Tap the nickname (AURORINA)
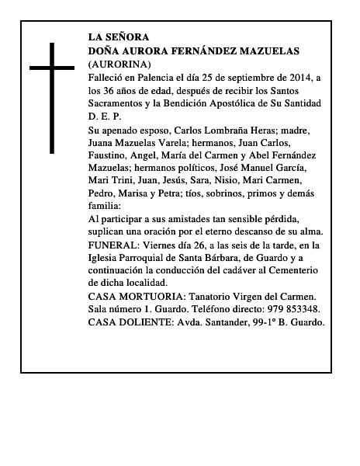119,64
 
